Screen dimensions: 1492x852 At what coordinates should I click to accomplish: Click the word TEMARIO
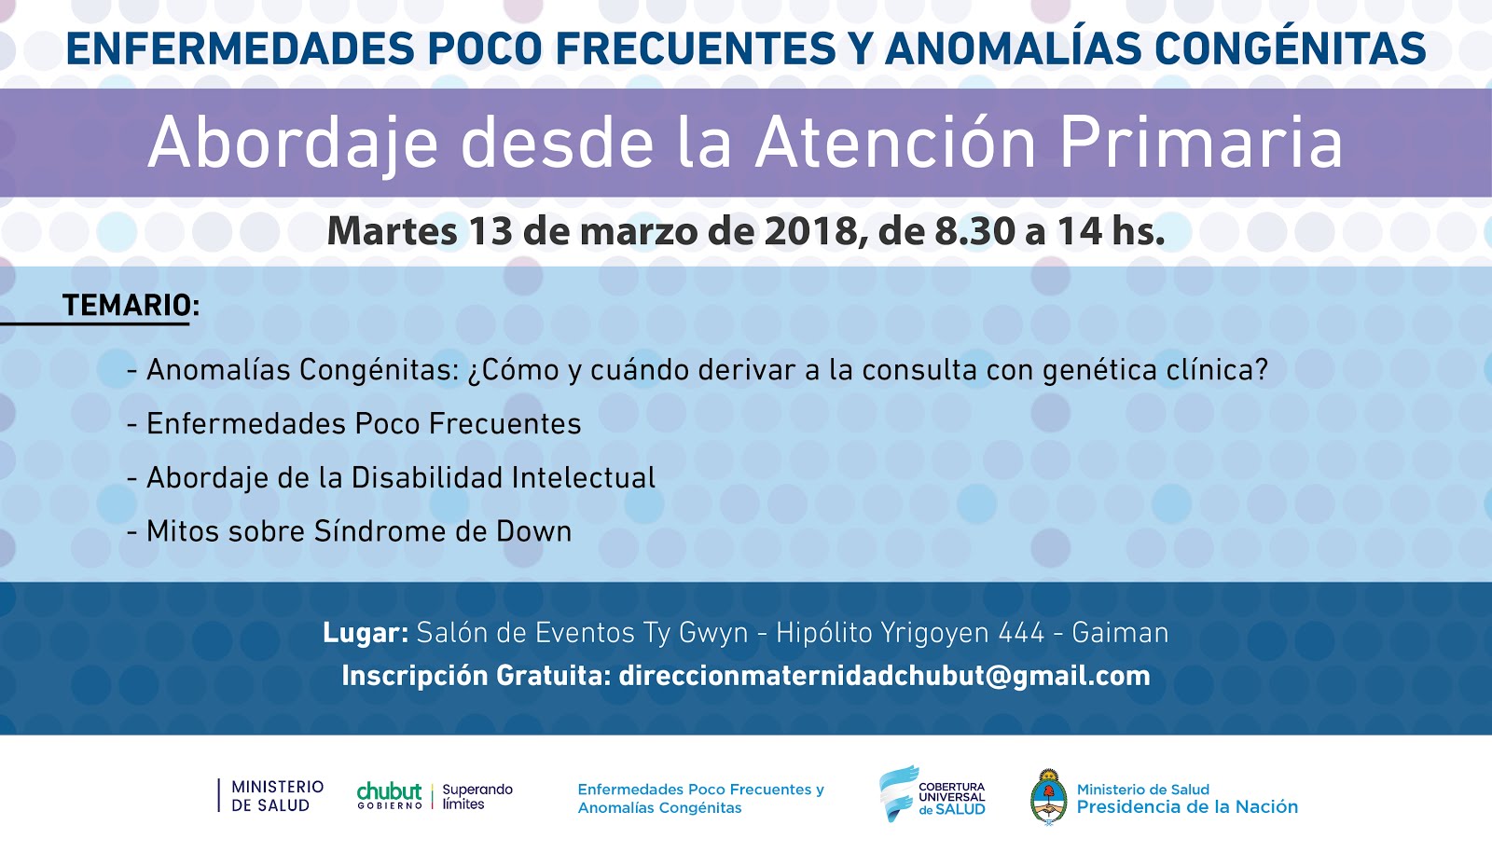pos(127,306)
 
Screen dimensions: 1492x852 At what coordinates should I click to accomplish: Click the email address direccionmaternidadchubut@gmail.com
pos(885,676)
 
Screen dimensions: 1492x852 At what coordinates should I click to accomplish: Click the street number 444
pos(1021,633)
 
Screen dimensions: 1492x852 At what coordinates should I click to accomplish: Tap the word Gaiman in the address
pos(1120,633)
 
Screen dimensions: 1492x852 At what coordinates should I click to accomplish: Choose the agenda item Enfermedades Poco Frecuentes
pos(364,424)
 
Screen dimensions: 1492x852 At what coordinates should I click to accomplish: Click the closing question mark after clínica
pos(1261,370)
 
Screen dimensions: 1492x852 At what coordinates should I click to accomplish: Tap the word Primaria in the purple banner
pos(1201,144)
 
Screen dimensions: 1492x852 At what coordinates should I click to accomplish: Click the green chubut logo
pos(390,795)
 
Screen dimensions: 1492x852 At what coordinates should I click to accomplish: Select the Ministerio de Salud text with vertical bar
pos(270,796)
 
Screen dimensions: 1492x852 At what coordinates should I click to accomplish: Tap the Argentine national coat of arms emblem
pos(1048,797)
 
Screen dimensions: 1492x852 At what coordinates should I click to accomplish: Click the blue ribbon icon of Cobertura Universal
pos(897,793)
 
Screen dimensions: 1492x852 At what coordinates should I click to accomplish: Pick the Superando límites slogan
pos(477,797)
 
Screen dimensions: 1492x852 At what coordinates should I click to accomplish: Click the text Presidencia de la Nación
pos(1188,807)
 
